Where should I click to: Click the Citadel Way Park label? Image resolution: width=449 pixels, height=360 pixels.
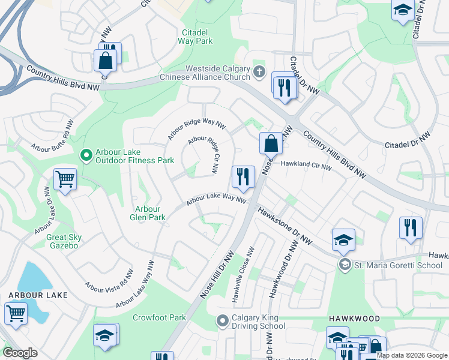coord(196,37)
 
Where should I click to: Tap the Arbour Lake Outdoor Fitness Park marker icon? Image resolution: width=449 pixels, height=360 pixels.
coord(86,156)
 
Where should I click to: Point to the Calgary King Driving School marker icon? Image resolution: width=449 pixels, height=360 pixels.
coord(223,322)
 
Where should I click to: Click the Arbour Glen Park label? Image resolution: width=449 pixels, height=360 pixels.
coord(147,213)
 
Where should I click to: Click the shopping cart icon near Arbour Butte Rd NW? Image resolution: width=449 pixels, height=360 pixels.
coord(65,178)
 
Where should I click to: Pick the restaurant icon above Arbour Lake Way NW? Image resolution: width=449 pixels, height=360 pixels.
coord(243,176)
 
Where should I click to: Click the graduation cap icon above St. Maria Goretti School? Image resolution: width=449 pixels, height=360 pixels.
coord(343,239)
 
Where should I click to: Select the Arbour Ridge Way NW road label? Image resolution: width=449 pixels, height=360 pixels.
coord(196,128)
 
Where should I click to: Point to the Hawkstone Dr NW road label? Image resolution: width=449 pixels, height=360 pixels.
coord(286,226)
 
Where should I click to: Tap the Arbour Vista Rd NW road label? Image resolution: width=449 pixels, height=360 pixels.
coord(110,280)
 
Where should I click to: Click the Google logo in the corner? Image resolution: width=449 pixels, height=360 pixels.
coord(20,353)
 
